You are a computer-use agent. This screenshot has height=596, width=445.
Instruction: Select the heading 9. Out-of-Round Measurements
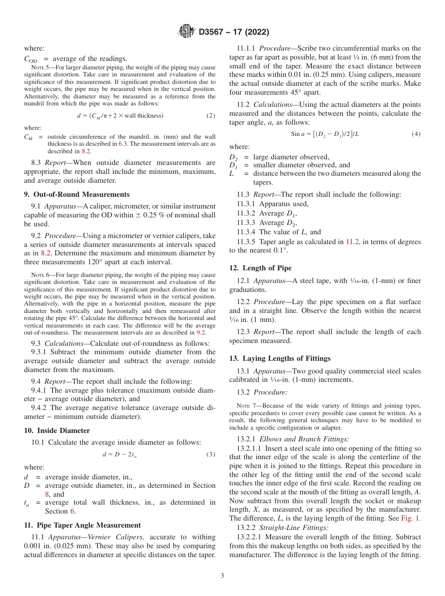point(77,194)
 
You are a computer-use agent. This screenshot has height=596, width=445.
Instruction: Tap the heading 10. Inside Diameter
point(57,431)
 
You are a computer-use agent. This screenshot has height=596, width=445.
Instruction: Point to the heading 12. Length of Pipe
point(260,268)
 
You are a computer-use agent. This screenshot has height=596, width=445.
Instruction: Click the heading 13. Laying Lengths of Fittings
point(280,358)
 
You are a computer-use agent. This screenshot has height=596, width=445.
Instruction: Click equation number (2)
point(211,116)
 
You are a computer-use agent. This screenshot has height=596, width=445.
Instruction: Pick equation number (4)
point(416,134)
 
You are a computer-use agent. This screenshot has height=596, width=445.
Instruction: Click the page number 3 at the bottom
point(222,575)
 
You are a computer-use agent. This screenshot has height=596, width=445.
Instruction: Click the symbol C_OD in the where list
point(30,60)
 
